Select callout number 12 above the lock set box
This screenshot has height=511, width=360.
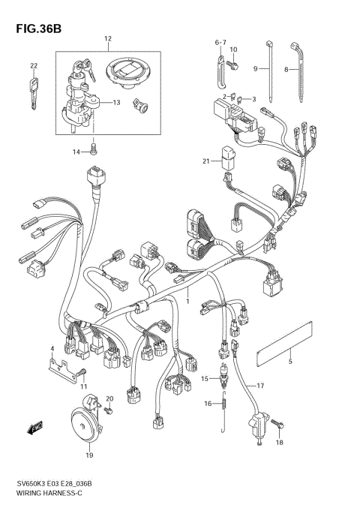click(107, 38)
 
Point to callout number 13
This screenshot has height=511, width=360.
click(116, 103)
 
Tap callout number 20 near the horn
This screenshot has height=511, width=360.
click(109, 398)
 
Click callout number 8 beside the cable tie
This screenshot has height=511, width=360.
click(286, 69)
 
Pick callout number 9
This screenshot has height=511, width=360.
click(255, 69)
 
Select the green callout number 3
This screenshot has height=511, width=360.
click(253, 100)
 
